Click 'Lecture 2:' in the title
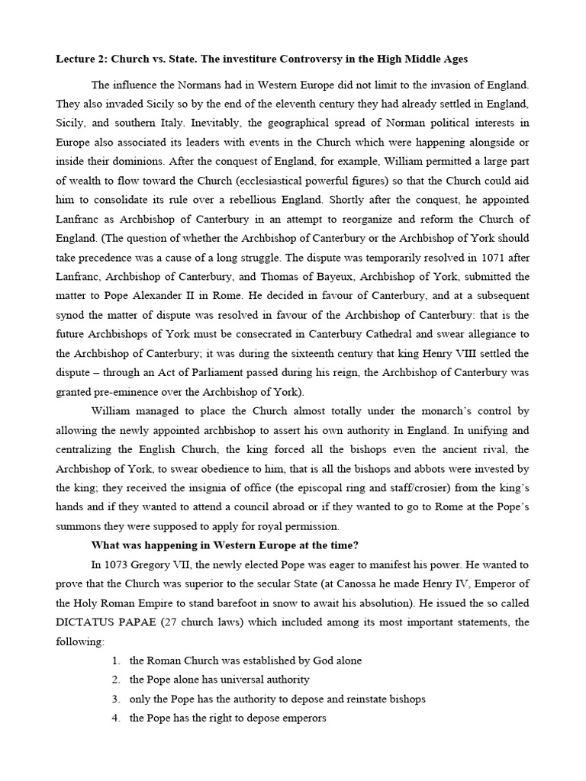[x=81, y=59]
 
